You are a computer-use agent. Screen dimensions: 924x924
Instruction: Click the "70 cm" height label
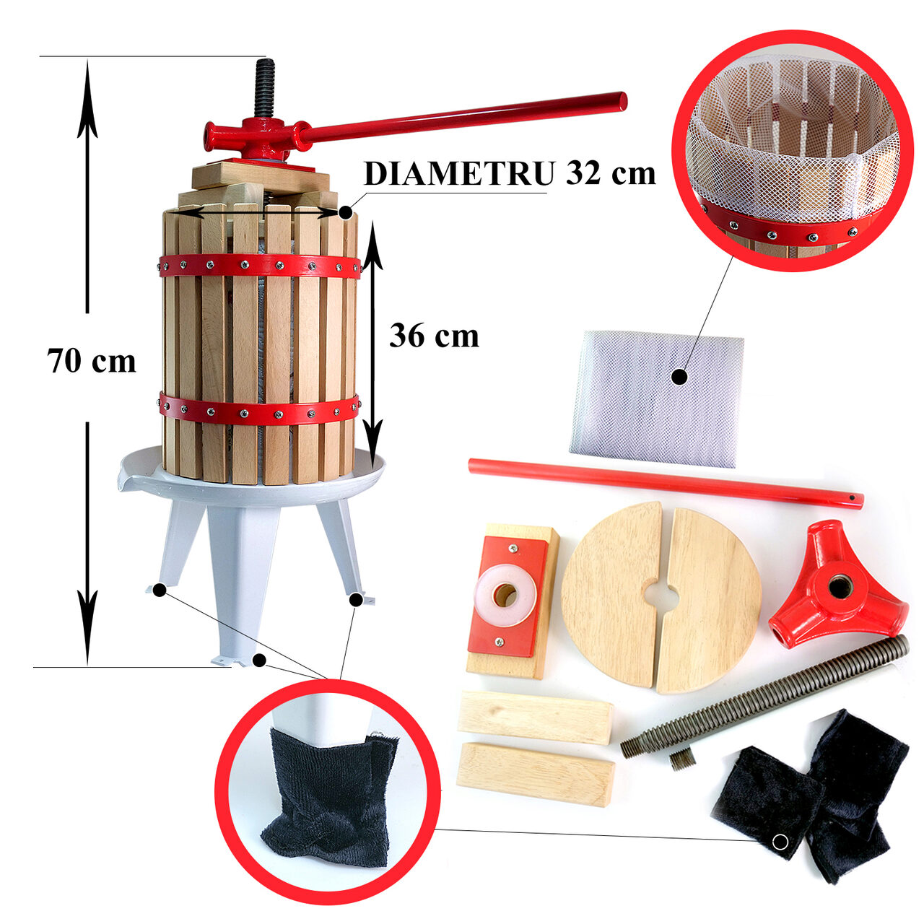[x=91, y=361]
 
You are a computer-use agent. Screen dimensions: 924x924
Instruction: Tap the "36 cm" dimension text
[x=434, y=336]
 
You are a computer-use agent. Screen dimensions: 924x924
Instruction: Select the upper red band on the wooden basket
[x=259, y=266]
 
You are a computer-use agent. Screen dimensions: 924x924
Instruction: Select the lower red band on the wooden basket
[x=259, y=409]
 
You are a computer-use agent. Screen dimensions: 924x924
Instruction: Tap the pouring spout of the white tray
[x=126, y=475]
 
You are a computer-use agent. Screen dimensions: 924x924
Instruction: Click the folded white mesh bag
[x=657, y=399]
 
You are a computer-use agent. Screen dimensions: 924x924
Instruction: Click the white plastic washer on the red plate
[x=505, y=595]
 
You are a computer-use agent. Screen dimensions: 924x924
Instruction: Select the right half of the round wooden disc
[x=709, y=602]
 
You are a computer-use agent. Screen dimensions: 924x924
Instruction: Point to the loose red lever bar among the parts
[x=666, y=483]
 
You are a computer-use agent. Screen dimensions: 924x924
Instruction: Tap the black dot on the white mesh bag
[x=679, y=378]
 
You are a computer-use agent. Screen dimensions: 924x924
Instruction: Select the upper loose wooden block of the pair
[x=536, y=718]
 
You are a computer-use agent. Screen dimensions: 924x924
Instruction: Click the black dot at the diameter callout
[x=345, y=212]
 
